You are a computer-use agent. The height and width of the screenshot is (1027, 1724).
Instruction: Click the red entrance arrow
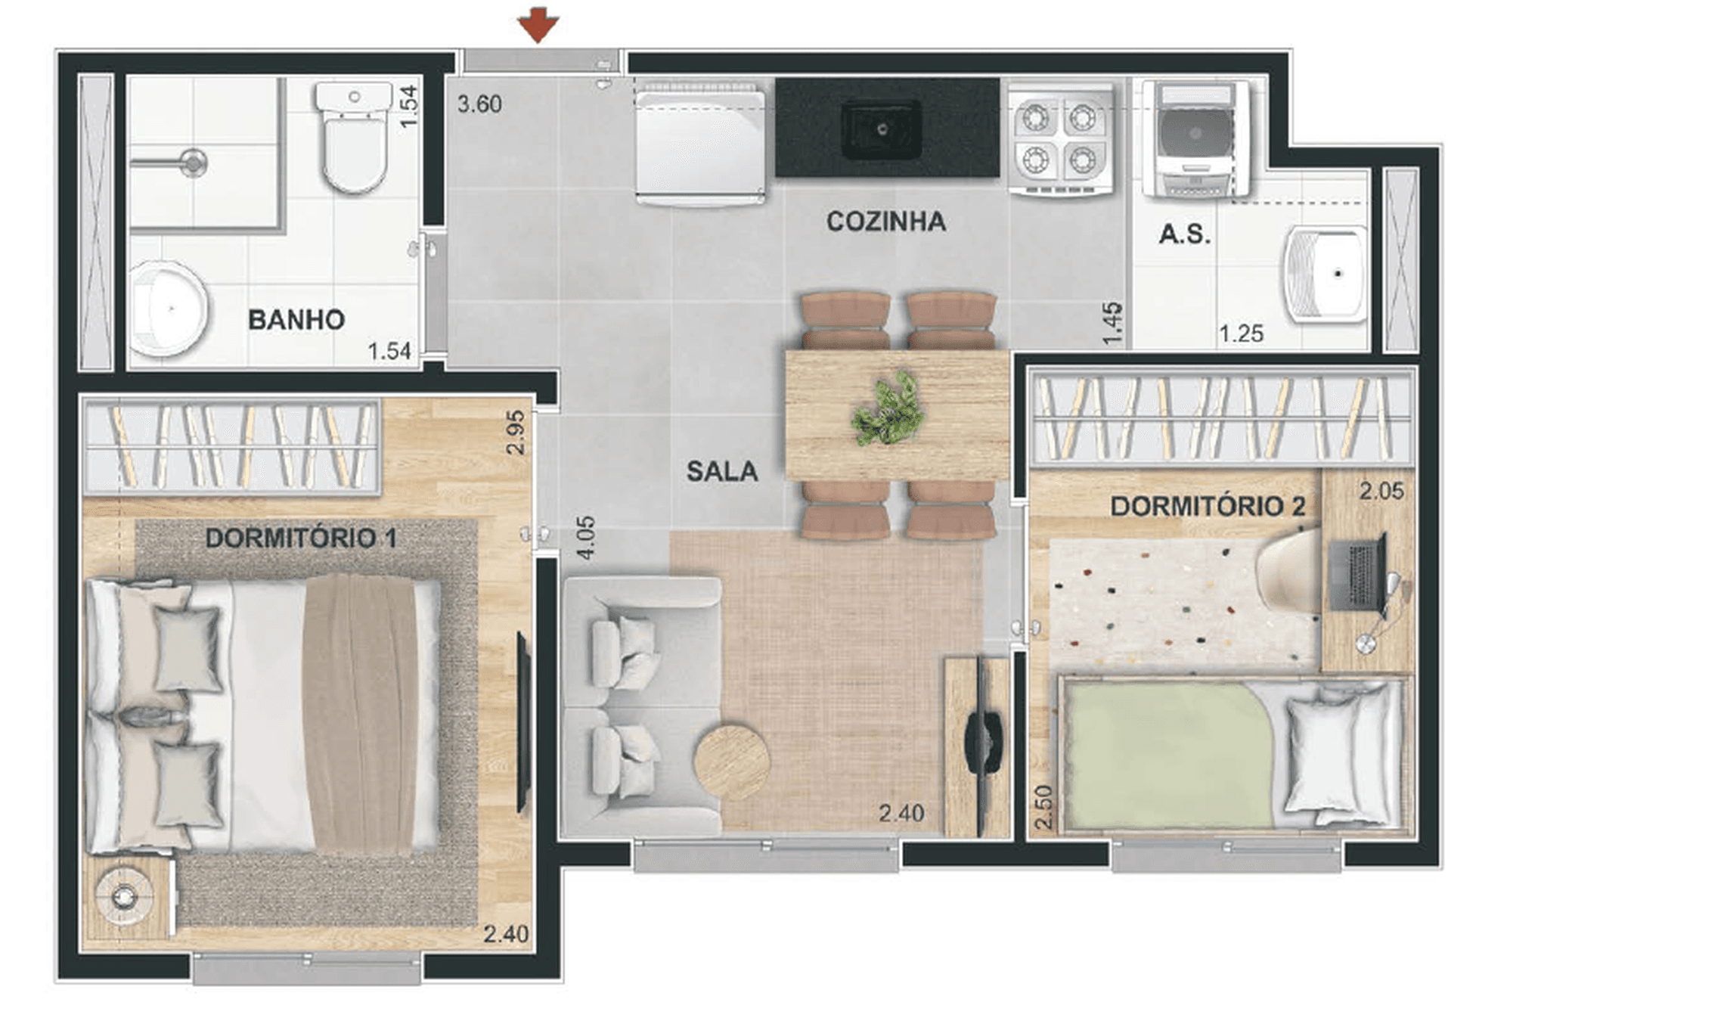coord(538,25)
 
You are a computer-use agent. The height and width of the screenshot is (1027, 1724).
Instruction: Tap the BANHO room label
coord(296,320)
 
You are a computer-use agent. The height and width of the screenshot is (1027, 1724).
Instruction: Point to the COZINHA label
coord(885,222)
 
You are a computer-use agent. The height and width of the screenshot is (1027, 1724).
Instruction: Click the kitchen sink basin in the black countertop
coord(882,129)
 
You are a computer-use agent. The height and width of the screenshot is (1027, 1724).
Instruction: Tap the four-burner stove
coord(1059,140)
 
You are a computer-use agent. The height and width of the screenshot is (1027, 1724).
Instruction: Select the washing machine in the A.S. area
coord(1195,140)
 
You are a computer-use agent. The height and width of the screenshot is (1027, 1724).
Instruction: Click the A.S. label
coord(1185,234)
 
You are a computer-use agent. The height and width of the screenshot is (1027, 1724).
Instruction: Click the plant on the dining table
coord(889,408)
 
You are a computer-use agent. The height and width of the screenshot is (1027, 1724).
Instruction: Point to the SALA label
coord(722,472)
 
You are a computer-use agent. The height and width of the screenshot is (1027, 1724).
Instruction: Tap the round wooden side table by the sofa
coord(732,762)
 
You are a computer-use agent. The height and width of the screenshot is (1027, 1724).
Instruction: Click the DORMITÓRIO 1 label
coord(301,538)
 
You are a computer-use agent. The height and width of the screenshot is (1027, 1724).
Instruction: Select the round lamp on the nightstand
coord(122,897)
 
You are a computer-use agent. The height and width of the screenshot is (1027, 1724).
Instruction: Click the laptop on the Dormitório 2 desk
coord(1358,572)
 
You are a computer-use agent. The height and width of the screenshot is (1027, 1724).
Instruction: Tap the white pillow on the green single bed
coord(1338,755)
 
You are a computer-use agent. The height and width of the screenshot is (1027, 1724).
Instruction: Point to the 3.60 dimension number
coord(479,104)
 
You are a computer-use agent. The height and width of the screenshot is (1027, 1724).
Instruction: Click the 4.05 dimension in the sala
coord(586,538)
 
